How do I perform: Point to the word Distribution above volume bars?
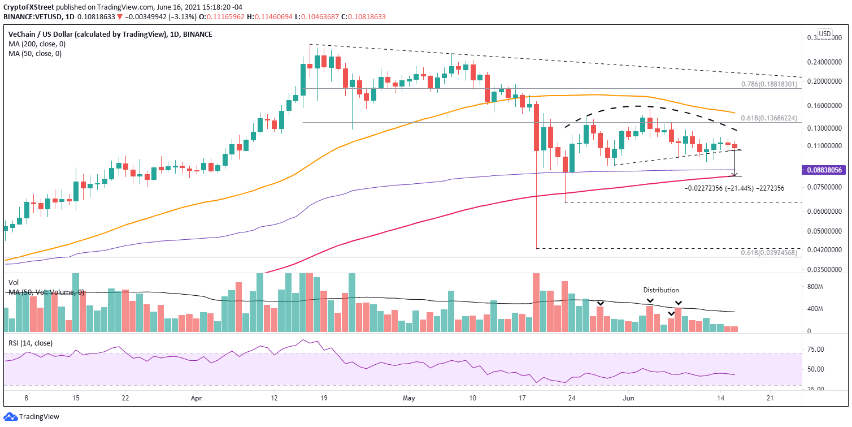pos(661,290)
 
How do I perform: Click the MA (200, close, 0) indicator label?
pos(35,44)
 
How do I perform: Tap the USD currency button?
pos(825,33)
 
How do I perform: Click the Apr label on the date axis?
pos(195,398)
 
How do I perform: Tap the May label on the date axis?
pos(409,398)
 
